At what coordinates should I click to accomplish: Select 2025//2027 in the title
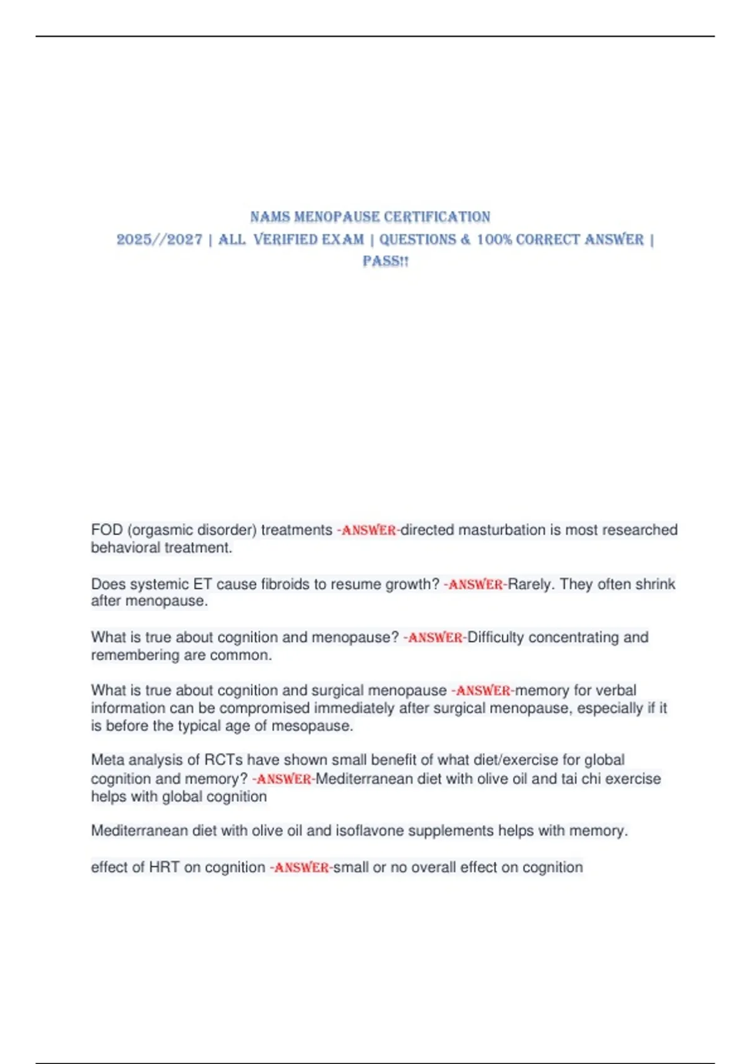tap(160, 240)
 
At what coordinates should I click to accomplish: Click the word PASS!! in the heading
tap(386, 262)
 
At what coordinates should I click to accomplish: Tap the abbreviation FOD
tap(106, 530)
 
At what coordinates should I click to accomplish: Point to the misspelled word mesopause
tap(318, 726)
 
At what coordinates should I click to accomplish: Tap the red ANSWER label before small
tap(301, 868)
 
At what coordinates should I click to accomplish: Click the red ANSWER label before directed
tap(368, 531)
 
